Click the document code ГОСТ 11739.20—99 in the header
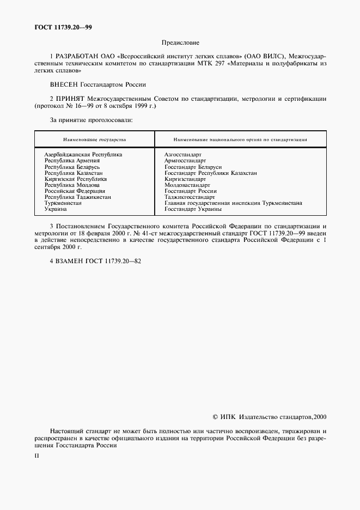[x=60, y=28]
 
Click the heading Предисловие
[x=180, y=42]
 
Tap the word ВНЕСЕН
[x=64, y=84]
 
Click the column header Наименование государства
[x=94, y=139]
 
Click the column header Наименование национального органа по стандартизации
[x=240, y=139]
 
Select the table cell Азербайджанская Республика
[x=83, y=155]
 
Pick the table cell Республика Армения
[x=72, y=161]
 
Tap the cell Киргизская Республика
[x=75, y=179]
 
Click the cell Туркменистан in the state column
[x=63, y=203]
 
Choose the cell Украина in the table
[x=56, y=209]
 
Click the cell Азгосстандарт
[x=183, y=155]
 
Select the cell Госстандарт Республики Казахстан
[x=210, y=173]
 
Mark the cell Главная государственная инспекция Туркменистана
[x=233, y=203]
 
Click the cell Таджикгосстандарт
[x=189, y=197]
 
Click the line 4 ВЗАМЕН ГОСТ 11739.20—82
[x=95, y=261]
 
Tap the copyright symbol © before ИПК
[x=215, y=417]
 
